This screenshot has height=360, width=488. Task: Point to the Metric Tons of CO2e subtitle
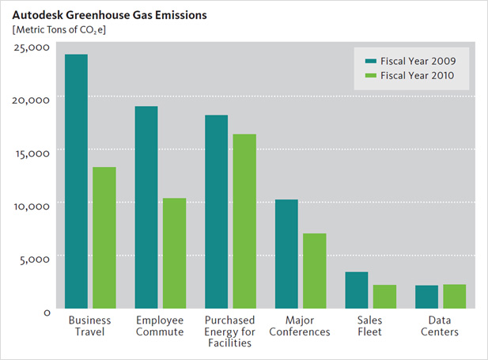[59, 30]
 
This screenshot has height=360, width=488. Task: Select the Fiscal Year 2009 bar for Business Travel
[76, 181]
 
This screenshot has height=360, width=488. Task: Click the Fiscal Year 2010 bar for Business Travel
[104, 237]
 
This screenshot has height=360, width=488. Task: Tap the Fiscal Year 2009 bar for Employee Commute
[146, 207]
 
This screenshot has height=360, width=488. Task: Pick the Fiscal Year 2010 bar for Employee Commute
[174, 253]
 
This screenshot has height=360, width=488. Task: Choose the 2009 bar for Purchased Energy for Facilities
[216, 212]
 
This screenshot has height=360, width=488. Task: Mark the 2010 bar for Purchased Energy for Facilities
[244, 222]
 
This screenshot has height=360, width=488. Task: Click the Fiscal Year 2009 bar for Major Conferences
[286, 254]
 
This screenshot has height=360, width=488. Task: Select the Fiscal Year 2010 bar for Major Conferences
[314, 271]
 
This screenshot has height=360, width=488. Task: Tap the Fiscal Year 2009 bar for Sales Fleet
[357, 290]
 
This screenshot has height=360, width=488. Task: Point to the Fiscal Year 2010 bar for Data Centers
[454, 296]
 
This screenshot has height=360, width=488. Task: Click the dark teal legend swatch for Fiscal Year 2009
[369, 60]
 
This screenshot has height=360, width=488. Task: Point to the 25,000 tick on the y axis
[33, 47]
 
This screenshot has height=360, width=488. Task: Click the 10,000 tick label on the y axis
[33, 205]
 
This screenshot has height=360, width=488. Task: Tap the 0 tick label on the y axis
[47, 312]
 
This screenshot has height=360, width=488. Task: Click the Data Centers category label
[440, 326]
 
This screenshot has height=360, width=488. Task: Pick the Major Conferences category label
[300, 326]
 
